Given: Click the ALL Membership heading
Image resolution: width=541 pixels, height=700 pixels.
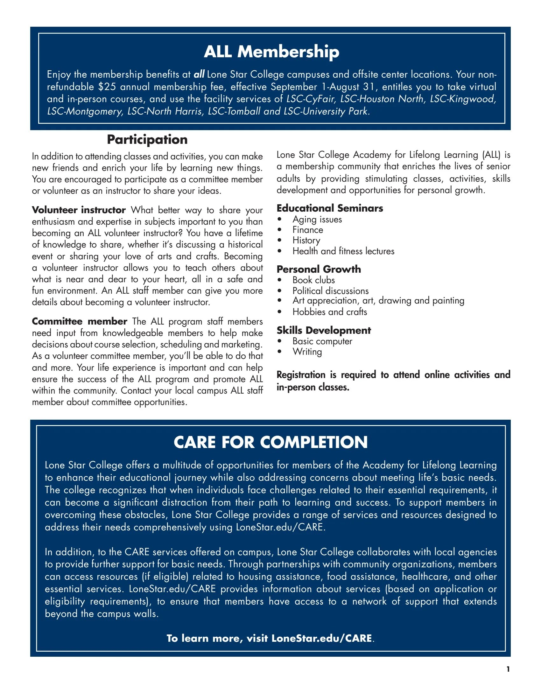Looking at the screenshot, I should (x=271, y=52).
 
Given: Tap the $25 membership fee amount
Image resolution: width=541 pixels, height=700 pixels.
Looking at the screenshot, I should (x=107, y=87).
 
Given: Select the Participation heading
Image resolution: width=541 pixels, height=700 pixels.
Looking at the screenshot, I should (x=147, y=140).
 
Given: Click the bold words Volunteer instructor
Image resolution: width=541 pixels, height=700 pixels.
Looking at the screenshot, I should (x=79, y=210).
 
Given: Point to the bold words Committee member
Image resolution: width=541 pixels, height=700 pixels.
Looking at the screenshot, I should (x=80, y=321).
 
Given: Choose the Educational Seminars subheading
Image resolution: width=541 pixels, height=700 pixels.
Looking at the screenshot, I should (x=330, y=208).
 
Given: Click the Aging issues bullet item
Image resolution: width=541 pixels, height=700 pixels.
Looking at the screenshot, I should (x=317, y=220).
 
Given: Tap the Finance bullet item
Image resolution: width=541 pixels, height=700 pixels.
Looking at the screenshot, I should (x=308, y=230).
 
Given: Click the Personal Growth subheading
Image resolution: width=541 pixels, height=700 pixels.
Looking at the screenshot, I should (x=319, y=269).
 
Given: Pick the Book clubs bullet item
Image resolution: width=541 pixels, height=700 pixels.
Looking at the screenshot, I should (x=313, y=280).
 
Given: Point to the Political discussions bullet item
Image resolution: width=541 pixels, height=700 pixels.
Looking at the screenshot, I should (x=330, y=291).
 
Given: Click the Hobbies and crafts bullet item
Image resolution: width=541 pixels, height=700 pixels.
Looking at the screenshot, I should (x=329, y=312).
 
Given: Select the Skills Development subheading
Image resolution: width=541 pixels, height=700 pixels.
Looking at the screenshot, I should (x=324, y=331).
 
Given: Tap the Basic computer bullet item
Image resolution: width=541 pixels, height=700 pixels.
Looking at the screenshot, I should (x=322, y=341).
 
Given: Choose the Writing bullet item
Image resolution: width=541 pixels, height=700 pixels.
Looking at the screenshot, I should (x=307, y=352).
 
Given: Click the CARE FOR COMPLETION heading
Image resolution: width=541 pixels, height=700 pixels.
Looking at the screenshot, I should (x=270, y=442).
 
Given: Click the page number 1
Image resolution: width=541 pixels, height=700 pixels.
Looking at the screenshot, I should (x=508, y=669).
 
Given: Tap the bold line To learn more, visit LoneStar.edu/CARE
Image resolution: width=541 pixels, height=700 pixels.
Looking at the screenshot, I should (x=270, y=638).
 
